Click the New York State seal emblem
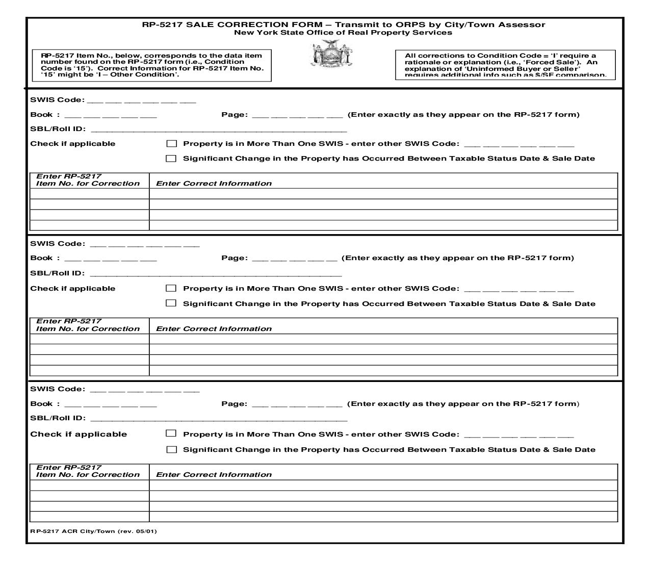332,55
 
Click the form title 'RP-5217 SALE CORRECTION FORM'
232,24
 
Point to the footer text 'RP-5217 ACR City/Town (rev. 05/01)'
94,531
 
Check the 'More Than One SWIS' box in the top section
172,144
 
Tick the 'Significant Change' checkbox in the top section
172,159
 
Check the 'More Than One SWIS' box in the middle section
172,288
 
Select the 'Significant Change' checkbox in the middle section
172,303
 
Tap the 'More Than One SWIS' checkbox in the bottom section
172,434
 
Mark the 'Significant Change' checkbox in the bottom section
172,449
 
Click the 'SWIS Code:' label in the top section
58,100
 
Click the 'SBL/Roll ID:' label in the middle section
58,273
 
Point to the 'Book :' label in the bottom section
45,404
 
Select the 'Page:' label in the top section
235,115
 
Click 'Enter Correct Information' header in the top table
214,184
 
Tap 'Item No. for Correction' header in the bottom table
88,475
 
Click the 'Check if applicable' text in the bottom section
79,435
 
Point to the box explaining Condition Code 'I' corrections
505,65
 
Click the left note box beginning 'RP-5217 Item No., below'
152,65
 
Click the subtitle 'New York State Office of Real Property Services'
343,33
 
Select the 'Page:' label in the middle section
235,258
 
